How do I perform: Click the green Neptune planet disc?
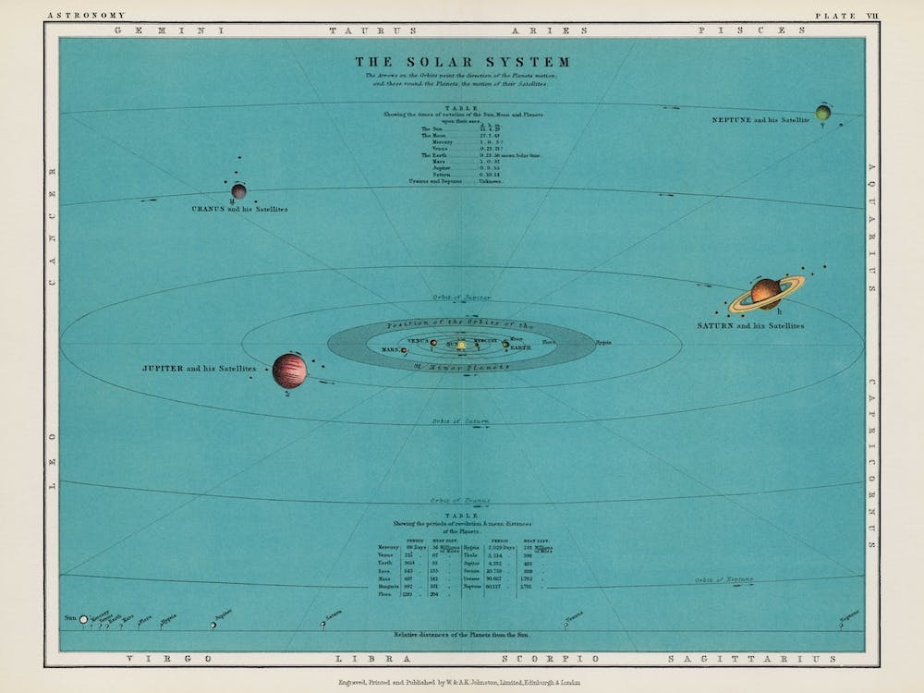(x=822, y=113)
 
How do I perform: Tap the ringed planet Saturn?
(x=766, y=293)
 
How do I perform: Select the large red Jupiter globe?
(x=289, y=371)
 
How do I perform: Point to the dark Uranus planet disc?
(x=238, y=191)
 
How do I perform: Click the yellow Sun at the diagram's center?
(x=461, y=345)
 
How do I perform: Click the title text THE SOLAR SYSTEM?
(x=463, y=62)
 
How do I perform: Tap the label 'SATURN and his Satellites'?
(x=750, y=326)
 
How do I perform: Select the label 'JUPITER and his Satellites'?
(x=199, y=369)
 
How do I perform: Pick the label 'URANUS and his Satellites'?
(x=239, y=210)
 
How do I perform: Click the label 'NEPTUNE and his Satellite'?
(x=760, y=121)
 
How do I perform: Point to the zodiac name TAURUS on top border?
(x=354, y=30)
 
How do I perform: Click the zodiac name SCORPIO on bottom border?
(x=531, y=659)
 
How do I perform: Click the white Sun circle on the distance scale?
(x=84, y=619)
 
